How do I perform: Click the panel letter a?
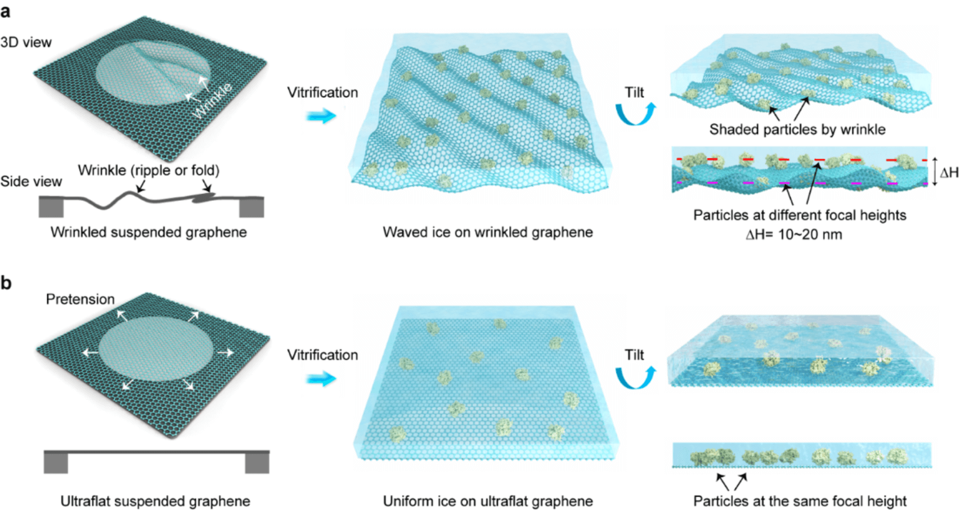(x=6, y=11)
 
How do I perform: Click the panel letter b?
(x=6, y=282)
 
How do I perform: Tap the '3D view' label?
(x=26, y=42)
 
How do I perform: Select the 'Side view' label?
(x=31, y=181)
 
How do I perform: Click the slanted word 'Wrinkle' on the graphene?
(x=212, y=101)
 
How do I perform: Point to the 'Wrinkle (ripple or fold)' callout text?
(x=149, y=170)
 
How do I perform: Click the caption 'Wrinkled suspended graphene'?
(x=149, y=232)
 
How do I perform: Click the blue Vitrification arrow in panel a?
(x=321, y=116)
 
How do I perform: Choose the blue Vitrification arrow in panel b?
(x=321, y=379)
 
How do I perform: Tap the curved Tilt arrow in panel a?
(x=635, y=114)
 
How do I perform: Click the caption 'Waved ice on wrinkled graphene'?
(x=488, y=232)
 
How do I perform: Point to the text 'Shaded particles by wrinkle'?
(x=797, y=129)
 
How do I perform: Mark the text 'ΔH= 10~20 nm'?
(x=794, y=234)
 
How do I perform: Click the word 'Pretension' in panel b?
(x=80, y=299)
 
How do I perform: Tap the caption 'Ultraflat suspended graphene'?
(x=155, y=501)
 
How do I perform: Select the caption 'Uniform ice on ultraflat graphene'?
(x=488, y=501)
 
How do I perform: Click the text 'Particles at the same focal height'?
(x=800, y=501)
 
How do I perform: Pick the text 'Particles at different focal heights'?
(x=800, y=215)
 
